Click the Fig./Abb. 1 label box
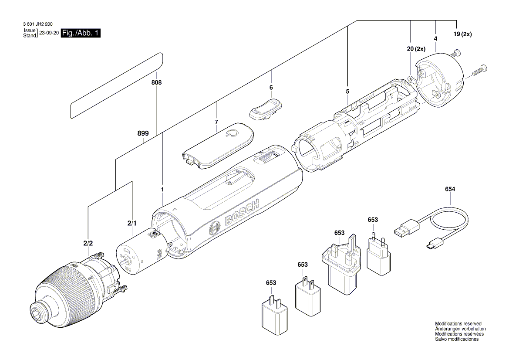click(x=81, y=33)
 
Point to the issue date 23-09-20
click(x=49, y=33)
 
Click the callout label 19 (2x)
click(x=462, y=35)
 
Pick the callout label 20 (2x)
click(x=416, y=49)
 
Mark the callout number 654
click(x=450, y=189)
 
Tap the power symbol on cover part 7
click(x=230, y=133)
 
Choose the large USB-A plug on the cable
click(x=406, y=228)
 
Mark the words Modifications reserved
click(x=458, y=324)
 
